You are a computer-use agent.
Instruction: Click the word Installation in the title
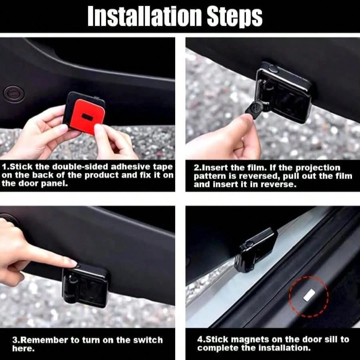[x=144, y=16]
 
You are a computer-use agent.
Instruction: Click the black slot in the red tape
[x=87, y=117]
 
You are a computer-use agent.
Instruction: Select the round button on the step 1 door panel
[x=14, y=94]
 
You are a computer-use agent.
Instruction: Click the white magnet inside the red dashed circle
[x=309, y=295]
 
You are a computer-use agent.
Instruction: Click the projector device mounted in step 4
[x=256, y=250]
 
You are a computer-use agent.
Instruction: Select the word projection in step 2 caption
[x=318, y=168]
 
